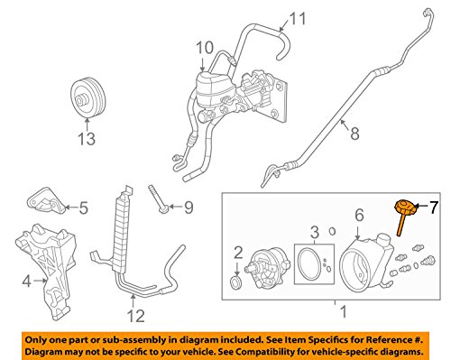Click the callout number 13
(x=87, y=139)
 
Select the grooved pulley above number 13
(x=88, y=97)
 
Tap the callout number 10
(x=205, y=48)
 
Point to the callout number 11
(x=298, y=18)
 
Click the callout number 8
(x=354, y=133)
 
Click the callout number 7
(x=433, y=207)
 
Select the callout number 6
(x=359, y=216)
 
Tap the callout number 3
(x=314, y=232)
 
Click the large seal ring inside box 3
(x=299, y=264)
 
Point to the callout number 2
(x=238, y=253)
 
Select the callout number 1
(x=343, y=311)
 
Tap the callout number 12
(x=135, y=316)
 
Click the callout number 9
(x=189, y=208)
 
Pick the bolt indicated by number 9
(x=158, y=198)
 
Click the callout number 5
(x=84, y=208)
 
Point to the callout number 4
(x=27, y=282)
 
